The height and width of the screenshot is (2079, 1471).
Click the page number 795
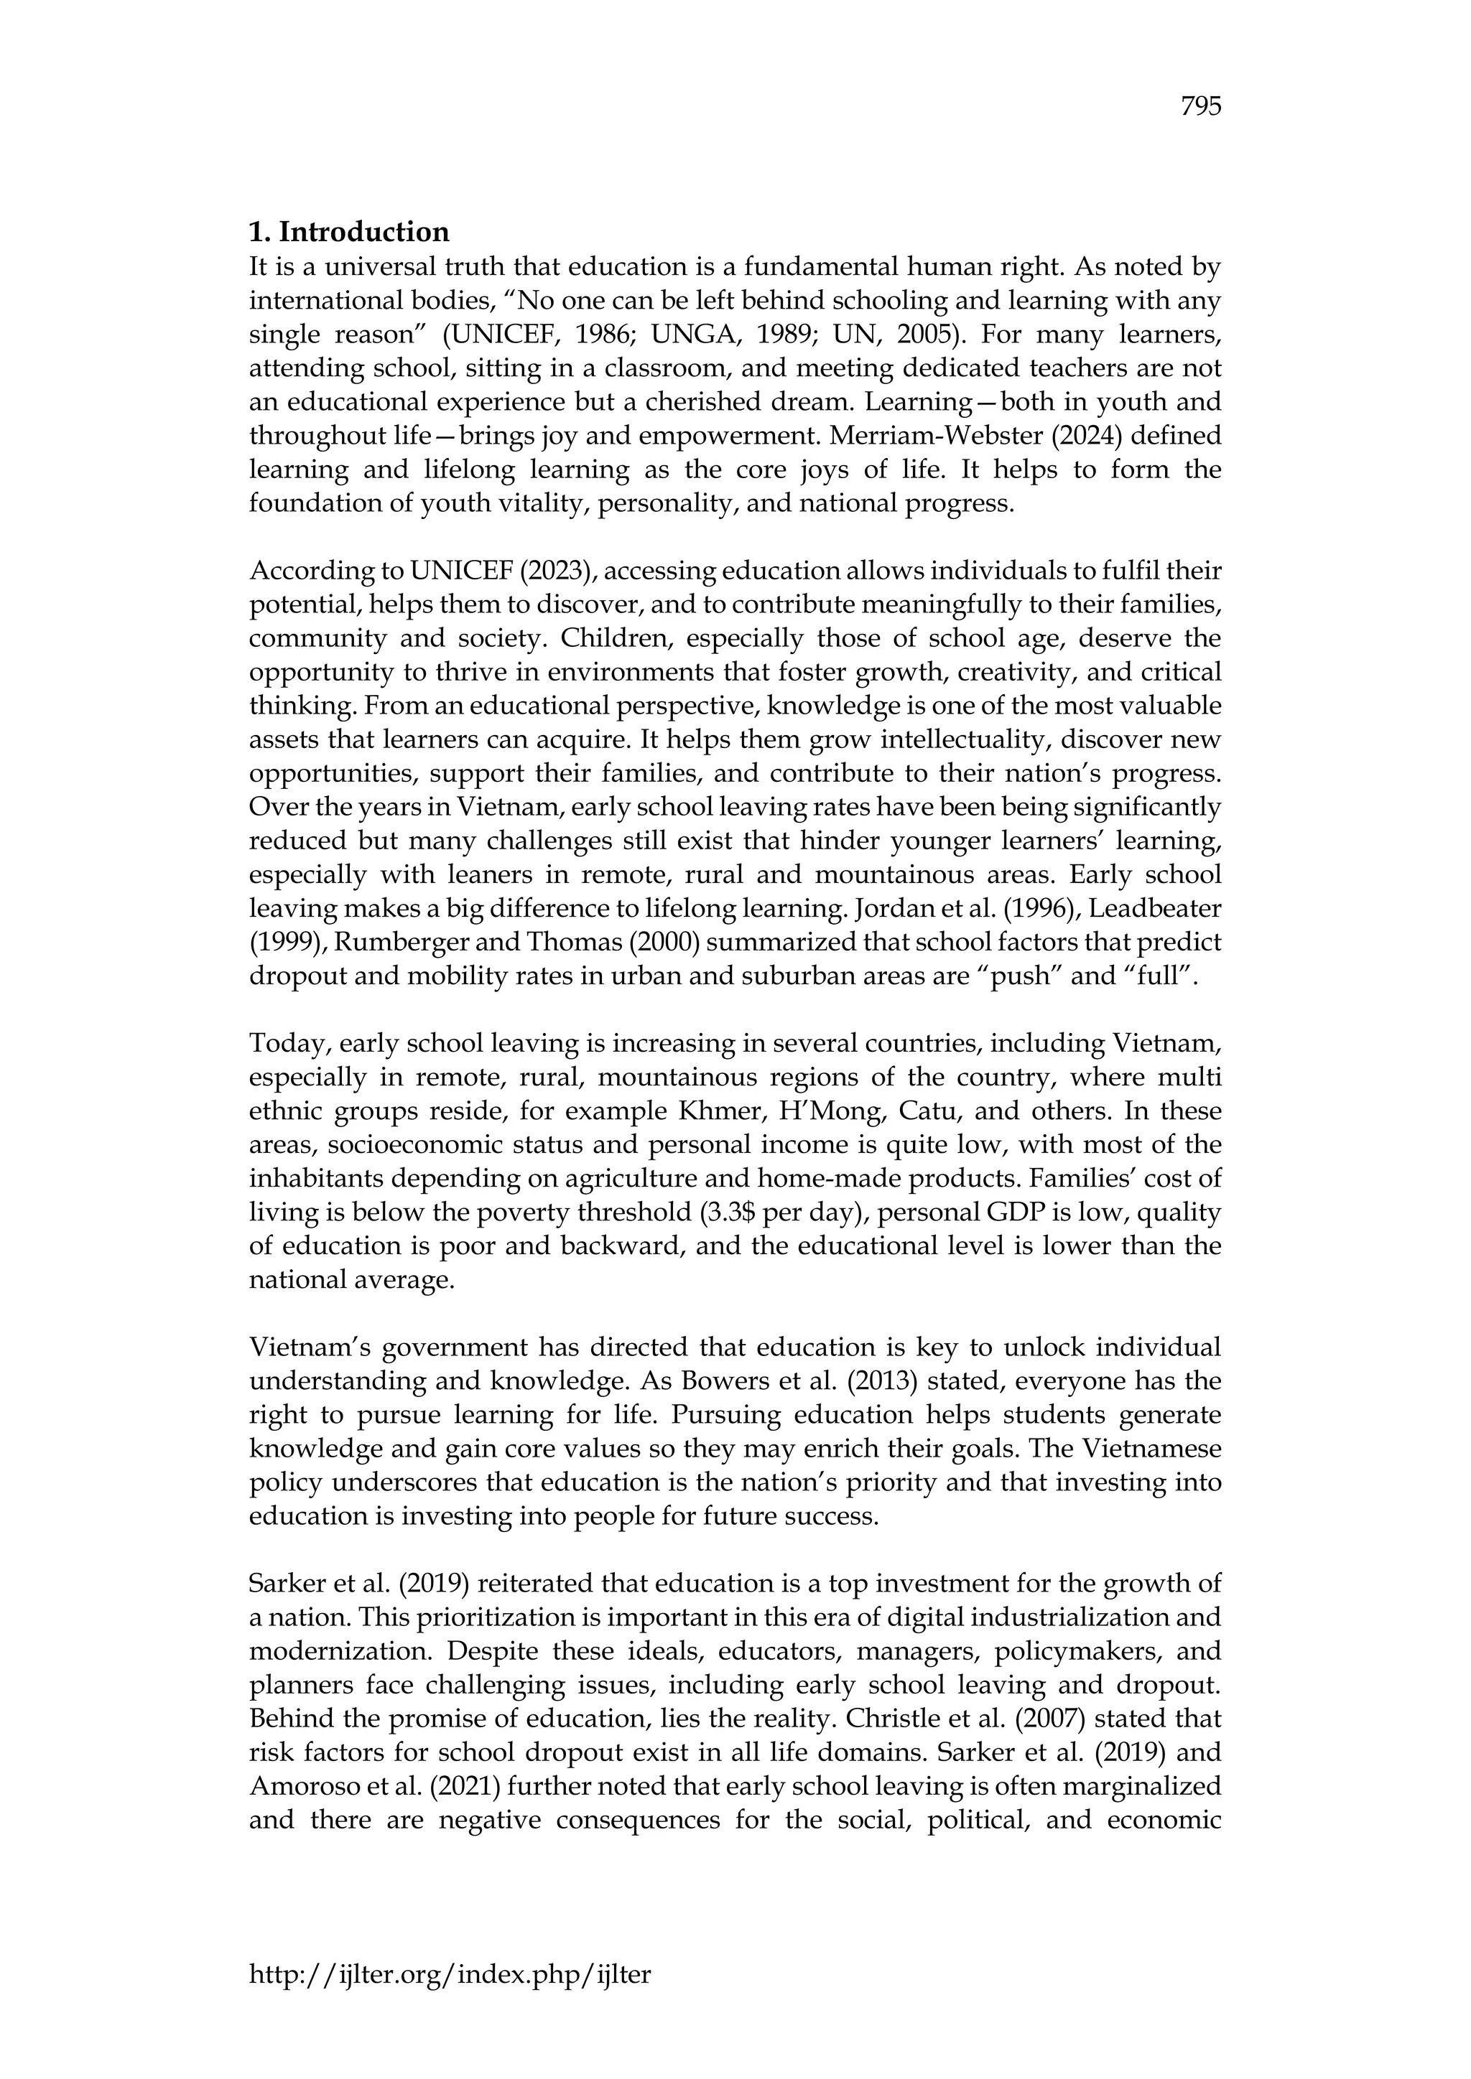pyautogui.click(x=1201, y=107)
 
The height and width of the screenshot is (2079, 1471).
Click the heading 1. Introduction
pyautogui.click(x=349, y=232)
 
